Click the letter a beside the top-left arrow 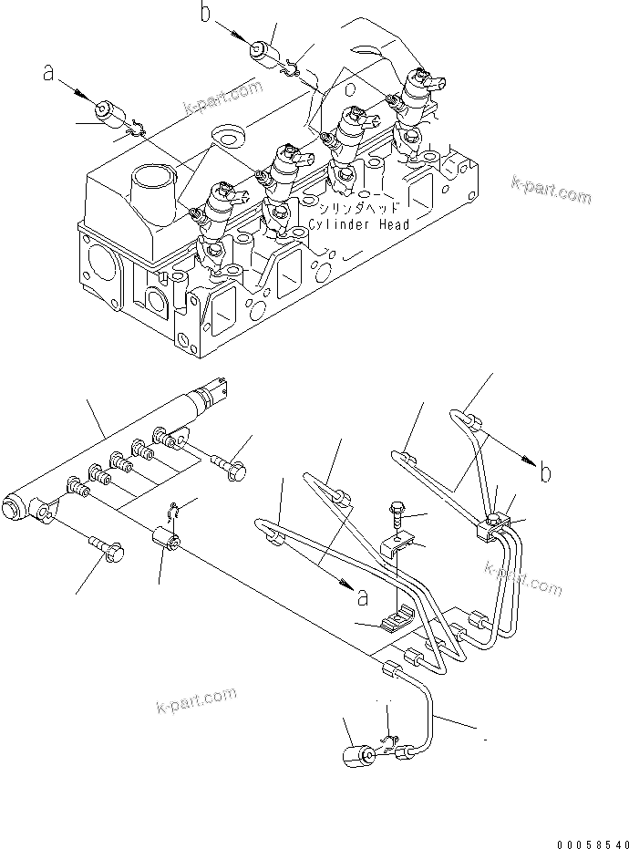48,74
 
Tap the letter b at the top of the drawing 206,13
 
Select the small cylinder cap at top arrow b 263,47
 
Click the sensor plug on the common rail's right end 216,390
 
